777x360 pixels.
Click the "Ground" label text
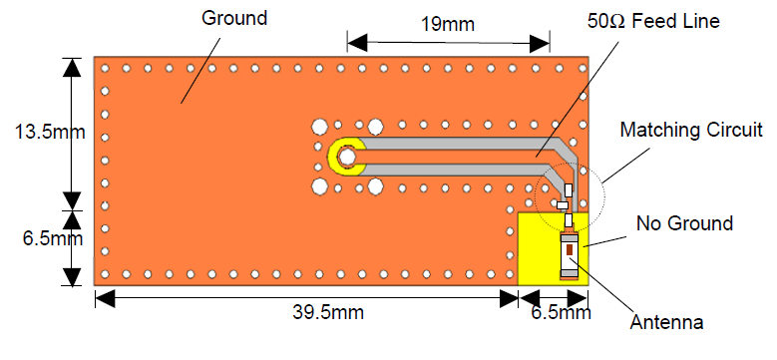tap(234, 18)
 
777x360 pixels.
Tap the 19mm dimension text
tap(448, 24)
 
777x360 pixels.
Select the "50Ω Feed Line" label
tap(653, 21)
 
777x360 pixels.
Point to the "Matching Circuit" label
tap(691, 131)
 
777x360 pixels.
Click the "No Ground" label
tap(684, 223)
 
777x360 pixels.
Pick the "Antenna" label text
tap(666, 322)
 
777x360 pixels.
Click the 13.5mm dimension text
tap(50, 133)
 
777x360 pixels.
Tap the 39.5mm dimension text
tap(327, 312)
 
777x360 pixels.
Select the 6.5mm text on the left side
tap(53, 238)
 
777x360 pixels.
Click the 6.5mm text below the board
tap(561, 312)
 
